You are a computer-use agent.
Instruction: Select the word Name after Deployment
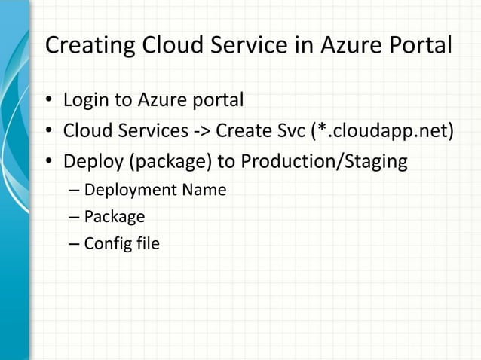pos(202,190)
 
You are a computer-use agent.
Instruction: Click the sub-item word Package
pos(114,218)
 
